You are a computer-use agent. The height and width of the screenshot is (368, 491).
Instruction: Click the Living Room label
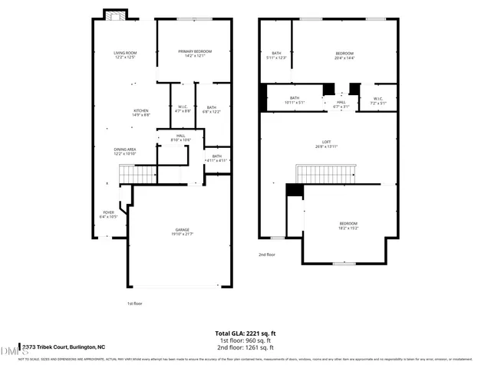pos(125,54)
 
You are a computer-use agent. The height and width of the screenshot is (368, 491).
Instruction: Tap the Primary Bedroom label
pos(195,53)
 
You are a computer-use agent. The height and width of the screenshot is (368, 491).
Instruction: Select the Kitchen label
pos(141,113)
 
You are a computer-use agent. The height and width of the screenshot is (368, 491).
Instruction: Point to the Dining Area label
pos(125,151)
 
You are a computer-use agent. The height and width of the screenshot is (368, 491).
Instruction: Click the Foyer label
pos(109,214)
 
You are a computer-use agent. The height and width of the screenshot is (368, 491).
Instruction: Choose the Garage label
pos(182,232)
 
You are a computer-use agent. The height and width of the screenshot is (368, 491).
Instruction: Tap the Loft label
pos(327,143)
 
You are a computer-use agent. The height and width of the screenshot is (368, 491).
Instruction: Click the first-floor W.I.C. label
pos(183,109)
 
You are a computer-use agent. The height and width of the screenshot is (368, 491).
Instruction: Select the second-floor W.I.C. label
pos(378,100)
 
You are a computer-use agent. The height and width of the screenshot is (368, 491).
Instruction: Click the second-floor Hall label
pos(341,103)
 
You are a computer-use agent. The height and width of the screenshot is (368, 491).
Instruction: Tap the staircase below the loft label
pos(325,174)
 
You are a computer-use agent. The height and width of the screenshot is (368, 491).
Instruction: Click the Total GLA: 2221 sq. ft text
pos(245,333)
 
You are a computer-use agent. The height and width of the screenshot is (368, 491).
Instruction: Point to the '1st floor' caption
pos(136,304)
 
